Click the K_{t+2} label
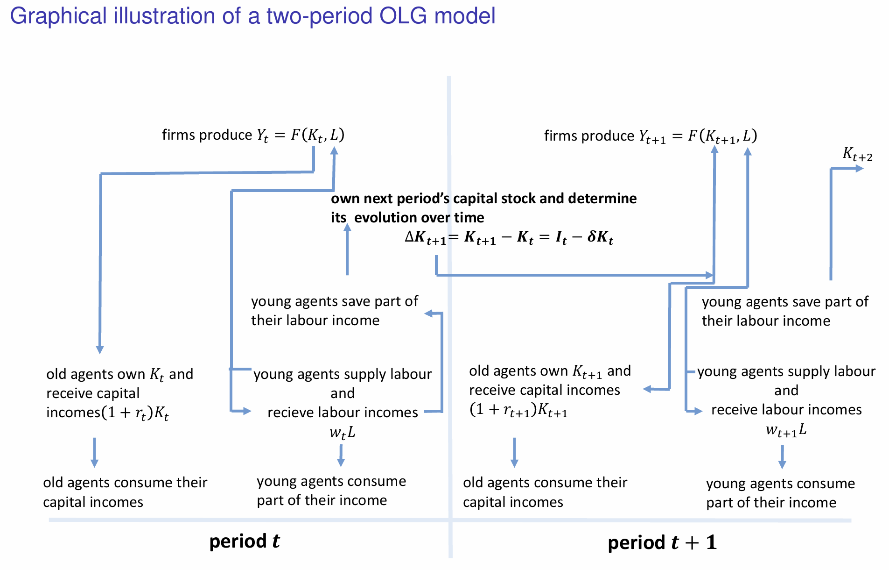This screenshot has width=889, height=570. (x=857, y=154)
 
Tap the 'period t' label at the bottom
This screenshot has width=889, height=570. (x=244, y=541)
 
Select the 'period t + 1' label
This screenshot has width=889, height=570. (x=662, y=542)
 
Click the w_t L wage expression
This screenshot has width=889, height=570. (x=342, y=433)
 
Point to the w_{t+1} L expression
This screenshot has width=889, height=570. (x=786, y=430)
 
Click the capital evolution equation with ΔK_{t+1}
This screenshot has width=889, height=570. (x=509, y=237)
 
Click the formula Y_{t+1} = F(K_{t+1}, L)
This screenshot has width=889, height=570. (x=698, y=136)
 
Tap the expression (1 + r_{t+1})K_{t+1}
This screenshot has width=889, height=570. (x=518, y=410)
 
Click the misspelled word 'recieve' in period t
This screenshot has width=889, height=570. (x=290, y=413)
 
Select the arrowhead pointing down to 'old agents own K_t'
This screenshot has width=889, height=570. (x=99, y=349)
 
